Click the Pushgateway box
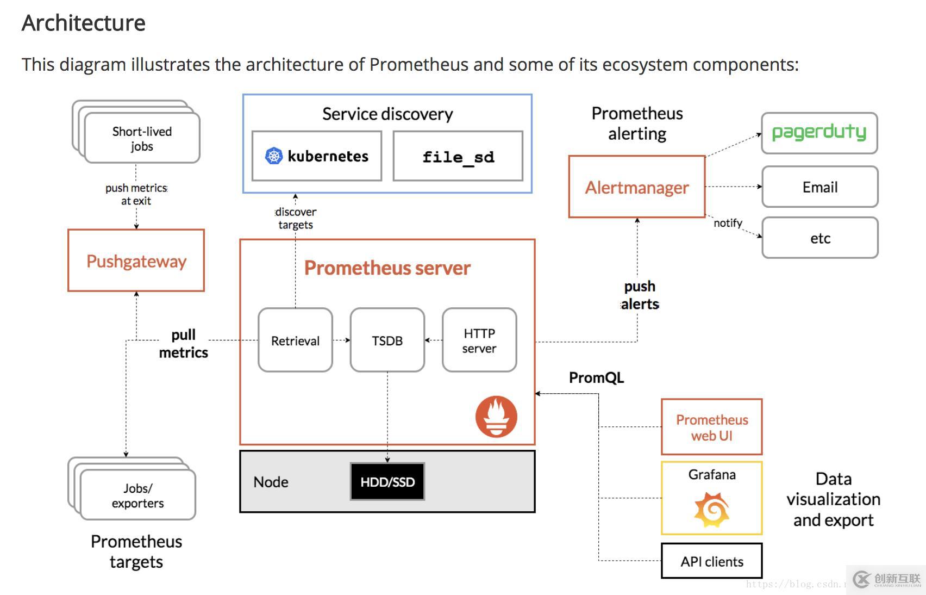(x=136, y=261)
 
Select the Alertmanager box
(x=636, y=187)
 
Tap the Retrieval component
(x=295, y=340)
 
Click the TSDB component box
(x=387, y=340)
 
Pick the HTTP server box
(x=479, y=340)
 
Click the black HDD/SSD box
(x=387, y=482)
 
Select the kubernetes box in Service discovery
(x=317, y=156)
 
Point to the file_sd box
(x=458, y=156)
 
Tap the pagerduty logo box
(x=819, y=133)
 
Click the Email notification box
(x=819, y=187)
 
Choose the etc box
(x=819, y=238)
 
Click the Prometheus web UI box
(x=711, y=427)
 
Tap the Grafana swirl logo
(x=711, y=510)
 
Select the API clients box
(x=711, y=561)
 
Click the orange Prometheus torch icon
(x=496, y=417)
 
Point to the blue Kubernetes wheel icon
(x=274, y=156)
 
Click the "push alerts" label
(x=640, y=295)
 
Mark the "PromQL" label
(x=596, y=377)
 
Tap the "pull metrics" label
(x=183, y=344)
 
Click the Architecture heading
(x=84, y=23)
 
